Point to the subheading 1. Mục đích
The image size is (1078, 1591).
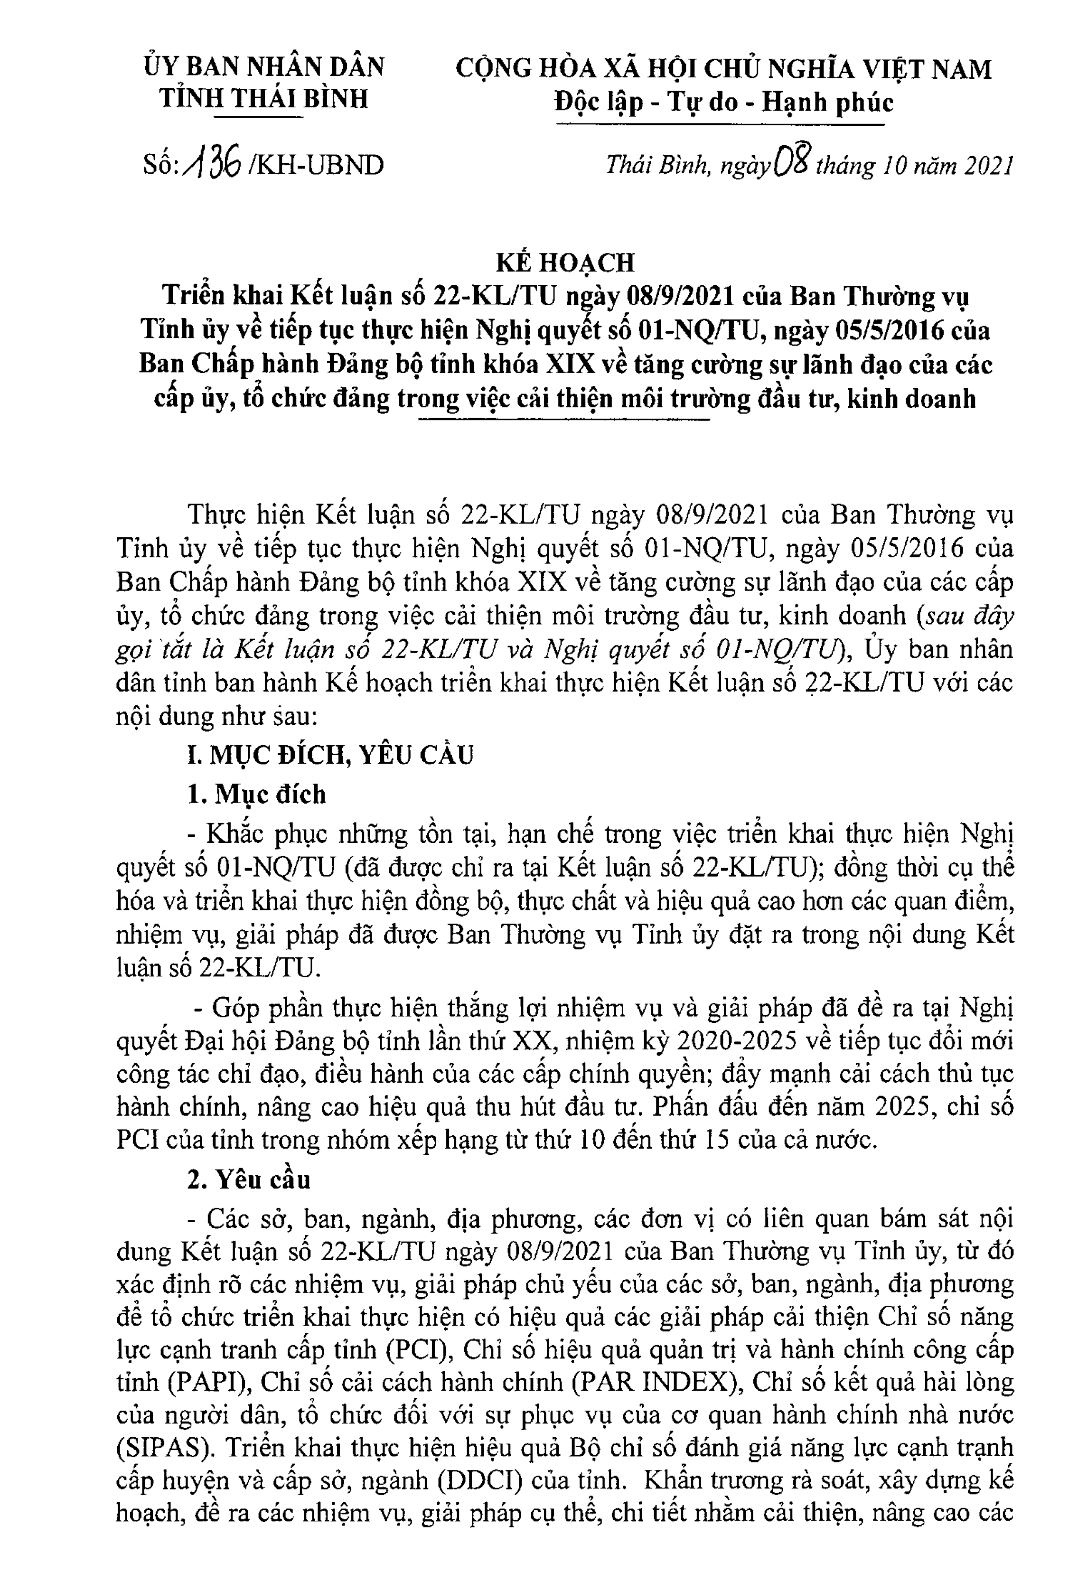pyautogui.click(x=257, y=794)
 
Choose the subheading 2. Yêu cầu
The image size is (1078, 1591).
pyautogui.click(x=249, y=1179)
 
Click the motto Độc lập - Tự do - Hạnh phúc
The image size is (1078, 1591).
pyautogui.click(x=723, y=102)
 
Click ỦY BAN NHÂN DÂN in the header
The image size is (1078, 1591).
pyautogui.click(x=264, y=67)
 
